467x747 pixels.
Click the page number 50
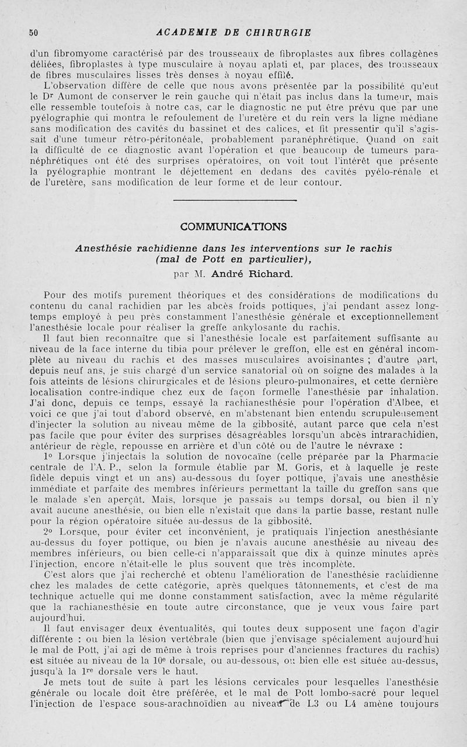pos(33,33)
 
